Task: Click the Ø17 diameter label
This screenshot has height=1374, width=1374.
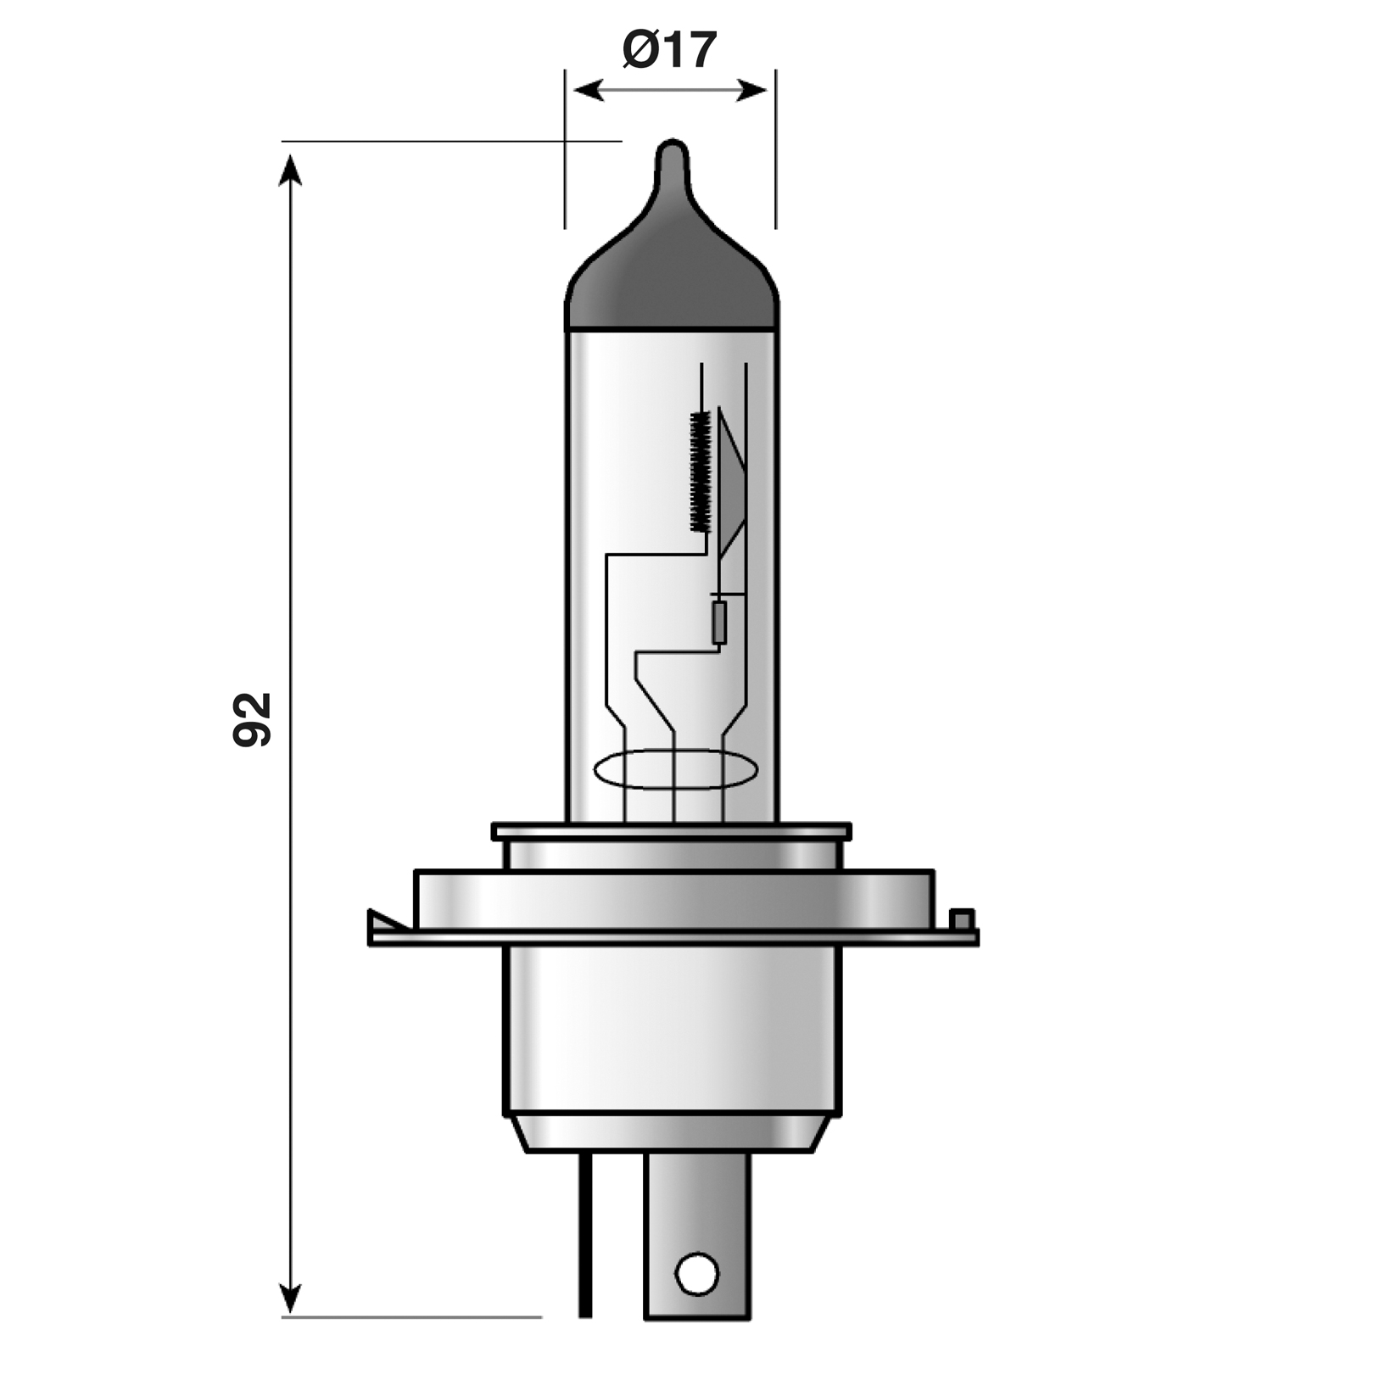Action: pyautogui.click(x=669, y=50)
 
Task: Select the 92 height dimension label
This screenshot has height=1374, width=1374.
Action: pyautogui.click(x=252, y=719)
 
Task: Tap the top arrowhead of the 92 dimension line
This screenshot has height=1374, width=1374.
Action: pyautogui.click(x=291, y=169)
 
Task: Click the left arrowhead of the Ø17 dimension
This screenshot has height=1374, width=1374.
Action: pyautogui.click(x=589, y=90)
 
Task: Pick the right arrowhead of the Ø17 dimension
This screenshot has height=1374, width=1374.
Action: pyautogui.click(x=751, y=90)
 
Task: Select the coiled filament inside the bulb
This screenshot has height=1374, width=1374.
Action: pyautogui.click(x=700, y=472)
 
